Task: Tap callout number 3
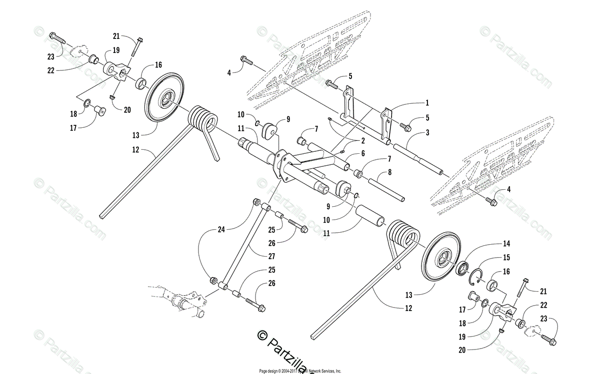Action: (x=427, y=132)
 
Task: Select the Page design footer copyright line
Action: (x=300, y=371)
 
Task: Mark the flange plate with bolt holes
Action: (x=283, y=167)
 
